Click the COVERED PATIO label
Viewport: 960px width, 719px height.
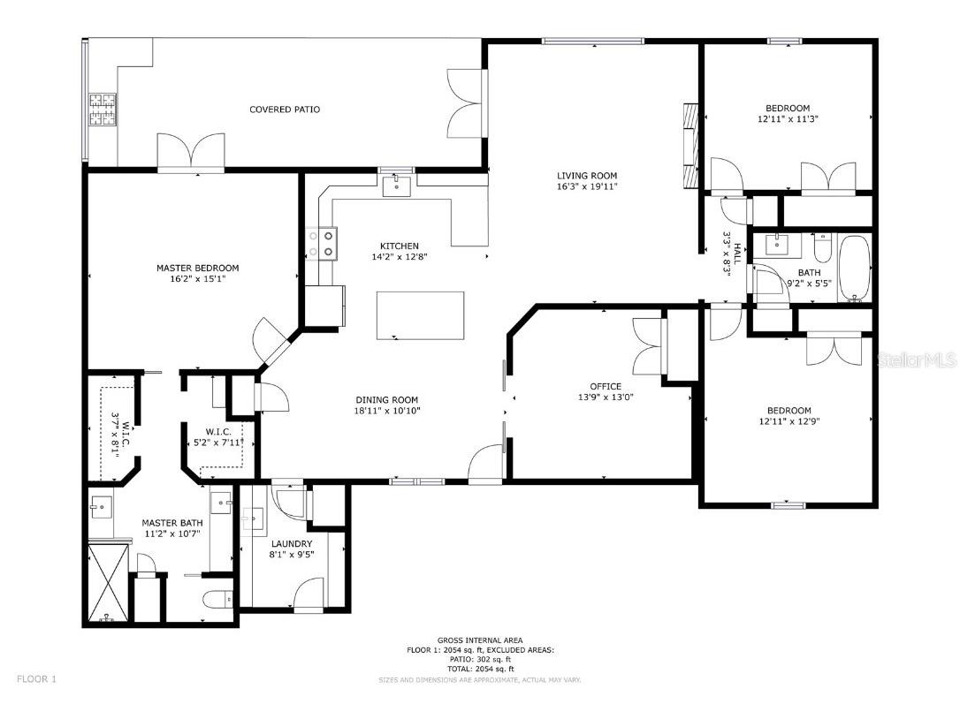tap(285, 110)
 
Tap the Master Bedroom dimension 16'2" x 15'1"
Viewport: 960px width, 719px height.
tap(198, 279)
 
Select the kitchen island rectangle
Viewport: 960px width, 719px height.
tap(420, 315)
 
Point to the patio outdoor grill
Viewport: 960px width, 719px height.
tap(103, 110)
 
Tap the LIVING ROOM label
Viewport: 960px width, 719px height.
tap(587, 176)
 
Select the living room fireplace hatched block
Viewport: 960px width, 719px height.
tap(690, 145)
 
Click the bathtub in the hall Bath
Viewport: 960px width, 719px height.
tap(854, 268)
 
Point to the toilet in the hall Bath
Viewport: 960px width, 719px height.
tap(821, 247)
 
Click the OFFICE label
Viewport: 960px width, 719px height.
tap(606, 386)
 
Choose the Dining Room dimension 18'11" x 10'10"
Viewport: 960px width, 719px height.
tap(387, 411)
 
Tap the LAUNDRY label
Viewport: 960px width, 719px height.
tap(292, 543)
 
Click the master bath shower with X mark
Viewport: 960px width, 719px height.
tap(109, 583)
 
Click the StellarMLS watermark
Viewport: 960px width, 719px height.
tap(917, 359)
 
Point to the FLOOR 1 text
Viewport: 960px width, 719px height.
tap(37, 678)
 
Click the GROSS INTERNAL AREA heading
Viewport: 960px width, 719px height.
tap(480, 640)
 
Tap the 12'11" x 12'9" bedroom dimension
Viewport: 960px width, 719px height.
tap(789, 421)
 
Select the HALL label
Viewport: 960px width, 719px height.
tap(737, 254)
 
